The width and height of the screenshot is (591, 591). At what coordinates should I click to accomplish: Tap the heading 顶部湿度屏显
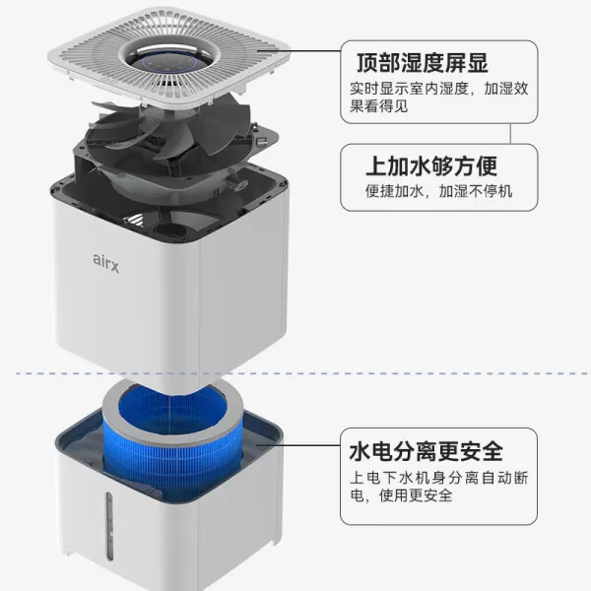point(422,64)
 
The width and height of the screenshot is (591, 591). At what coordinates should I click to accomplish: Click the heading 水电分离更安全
point(426,452)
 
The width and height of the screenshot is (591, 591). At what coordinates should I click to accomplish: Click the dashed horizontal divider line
point(295,374)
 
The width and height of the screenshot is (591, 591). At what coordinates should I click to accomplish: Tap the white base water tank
point(187,532)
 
